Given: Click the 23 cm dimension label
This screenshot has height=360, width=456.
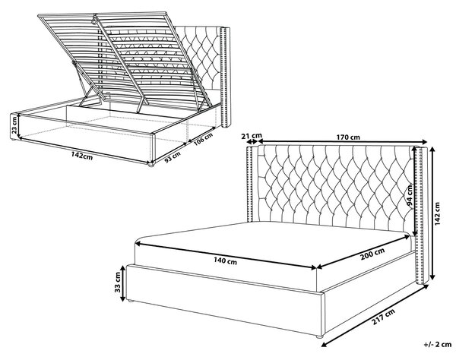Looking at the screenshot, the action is pos(14,125).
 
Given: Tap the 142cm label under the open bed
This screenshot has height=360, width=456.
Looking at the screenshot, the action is pos(82,156).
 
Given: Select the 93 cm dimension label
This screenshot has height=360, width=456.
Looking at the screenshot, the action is pos(173,157).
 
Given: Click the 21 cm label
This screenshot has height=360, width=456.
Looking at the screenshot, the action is pos(252,135).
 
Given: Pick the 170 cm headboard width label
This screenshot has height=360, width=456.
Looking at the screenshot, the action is pos(348,137).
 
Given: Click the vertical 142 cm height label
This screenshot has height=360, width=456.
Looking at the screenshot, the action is pos(438,213).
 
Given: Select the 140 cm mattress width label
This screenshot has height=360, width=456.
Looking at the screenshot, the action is pos(226,261).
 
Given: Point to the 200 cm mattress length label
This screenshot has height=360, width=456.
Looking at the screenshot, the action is pos(372,254).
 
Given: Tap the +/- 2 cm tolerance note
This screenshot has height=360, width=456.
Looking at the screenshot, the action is pos(438,345).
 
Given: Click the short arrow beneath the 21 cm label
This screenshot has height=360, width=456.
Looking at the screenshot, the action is pos(252,142).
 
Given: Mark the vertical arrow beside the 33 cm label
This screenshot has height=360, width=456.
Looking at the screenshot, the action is pos(123,283).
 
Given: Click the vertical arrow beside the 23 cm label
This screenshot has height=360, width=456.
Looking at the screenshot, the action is pos(19,126).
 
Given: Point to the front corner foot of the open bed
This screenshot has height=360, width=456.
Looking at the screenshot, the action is pos(150,165).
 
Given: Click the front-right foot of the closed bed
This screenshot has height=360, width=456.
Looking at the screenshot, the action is pos(320,336).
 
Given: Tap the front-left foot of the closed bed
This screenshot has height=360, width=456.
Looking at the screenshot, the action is pos(131,301).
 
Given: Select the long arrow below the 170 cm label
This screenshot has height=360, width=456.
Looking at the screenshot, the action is pos(343,141).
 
